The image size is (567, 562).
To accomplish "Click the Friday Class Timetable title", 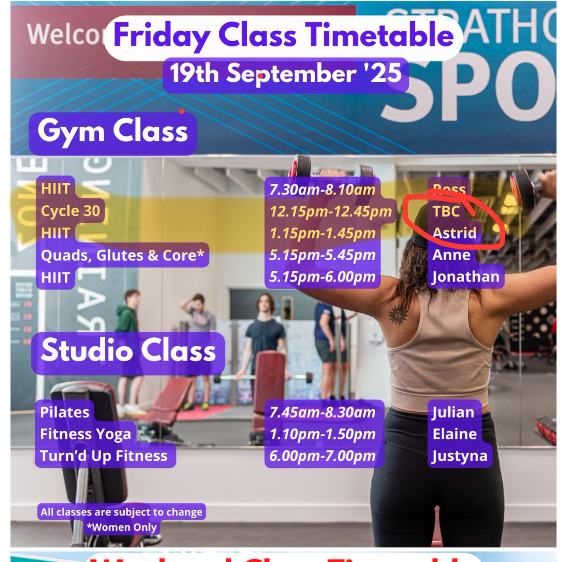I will point(283,35).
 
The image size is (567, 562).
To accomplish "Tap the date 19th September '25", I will point(285,74).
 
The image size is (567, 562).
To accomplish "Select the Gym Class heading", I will point(112,131).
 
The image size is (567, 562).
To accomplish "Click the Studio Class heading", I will point(128,351).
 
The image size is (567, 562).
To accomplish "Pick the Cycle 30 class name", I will point(70,211).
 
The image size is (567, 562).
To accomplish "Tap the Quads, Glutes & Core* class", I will point(122,255).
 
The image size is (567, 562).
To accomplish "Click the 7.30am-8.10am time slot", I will point(322,190).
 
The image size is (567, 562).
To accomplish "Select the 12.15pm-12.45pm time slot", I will point(331,211).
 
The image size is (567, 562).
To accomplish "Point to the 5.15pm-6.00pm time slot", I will point(322,277).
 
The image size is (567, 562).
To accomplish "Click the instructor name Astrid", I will point(454,233).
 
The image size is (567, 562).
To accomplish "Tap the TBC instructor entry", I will point(446,211).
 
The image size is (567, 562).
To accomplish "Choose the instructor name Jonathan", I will point(465,277).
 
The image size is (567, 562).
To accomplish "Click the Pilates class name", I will point(65,412).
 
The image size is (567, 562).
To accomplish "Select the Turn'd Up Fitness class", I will point(103,456).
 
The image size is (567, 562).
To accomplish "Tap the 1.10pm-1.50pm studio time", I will point(322,434).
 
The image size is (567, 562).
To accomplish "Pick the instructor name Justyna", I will point(459,456).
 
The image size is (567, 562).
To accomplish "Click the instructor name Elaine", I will point(455,434).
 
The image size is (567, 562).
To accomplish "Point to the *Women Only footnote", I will point(121,527).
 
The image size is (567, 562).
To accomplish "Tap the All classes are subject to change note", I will point(121,512).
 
